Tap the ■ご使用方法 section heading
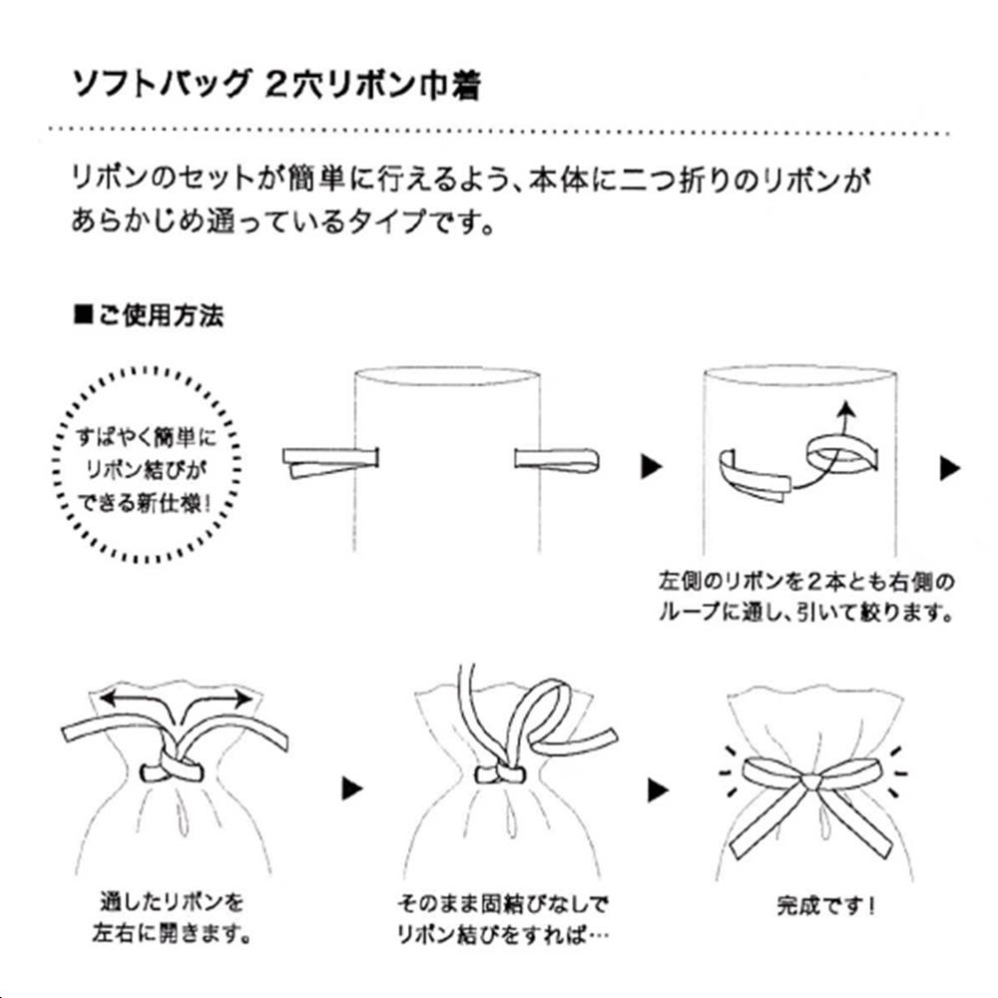(x=149, y=317)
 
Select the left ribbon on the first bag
(x=330, y=462)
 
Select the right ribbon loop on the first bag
(x=556, y=459)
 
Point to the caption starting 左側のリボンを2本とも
(x=806, y=595)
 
